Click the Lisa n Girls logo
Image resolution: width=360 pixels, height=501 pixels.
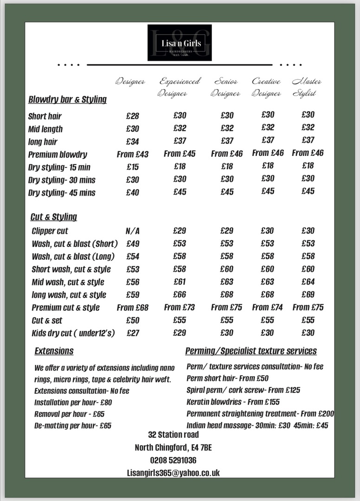(180, 43)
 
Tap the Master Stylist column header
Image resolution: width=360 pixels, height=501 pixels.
(306, 87)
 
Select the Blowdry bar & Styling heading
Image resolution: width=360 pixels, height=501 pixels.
(67, 99)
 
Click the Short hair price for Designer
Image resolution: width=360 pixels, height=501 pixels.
(132, 116)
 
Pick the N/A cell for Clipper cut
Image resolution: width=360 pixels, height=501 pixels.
(132, 231)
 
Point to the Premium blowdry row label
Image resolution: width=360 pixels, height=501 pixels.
(58, 154)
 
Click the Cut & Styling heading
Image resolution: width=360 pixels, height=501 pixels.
(54, 217)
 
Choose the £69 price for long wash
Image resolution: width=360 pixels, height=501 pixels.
(308, 295)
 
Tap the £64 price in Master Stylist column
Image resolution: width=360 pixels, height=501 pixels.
(308, 282)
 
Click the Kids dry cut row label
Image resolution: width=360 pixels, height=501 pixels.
(73, 333)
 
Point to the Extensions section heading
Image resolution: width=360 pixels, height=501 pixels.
(54, 351)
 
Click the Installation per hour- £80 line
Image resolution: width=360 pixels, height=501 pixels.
(73, 402)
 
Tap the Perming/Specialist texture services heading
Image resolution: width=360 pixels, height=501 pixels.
(251, 351)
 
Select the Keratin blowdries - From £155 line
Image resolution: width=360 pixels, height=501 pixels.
(233, 402)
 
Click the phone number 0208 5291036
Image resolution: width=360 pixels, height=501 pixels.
(173, 460)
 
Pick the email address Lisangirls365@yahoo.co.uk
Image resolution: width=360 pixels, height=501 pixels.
(173, 473)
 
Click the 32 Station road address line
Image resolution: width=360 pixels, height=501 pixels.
(173, 435)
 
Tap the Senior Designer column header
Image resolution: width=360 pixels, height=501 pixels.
(225, 87)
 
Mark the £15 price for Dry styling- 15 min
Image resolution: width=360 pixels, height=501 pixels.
(132, 167)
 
